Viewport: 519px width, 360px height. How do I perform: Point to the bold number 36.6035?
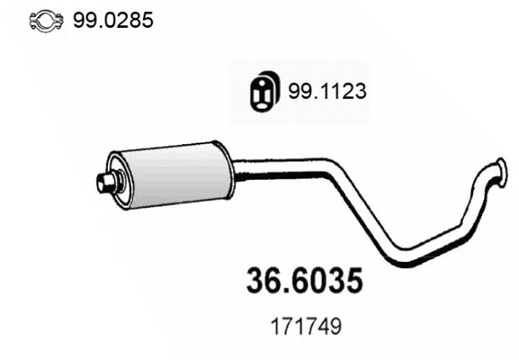coord(304,281)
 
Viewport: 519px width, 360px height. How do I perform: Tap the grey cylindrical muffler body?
coord(171,173)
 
